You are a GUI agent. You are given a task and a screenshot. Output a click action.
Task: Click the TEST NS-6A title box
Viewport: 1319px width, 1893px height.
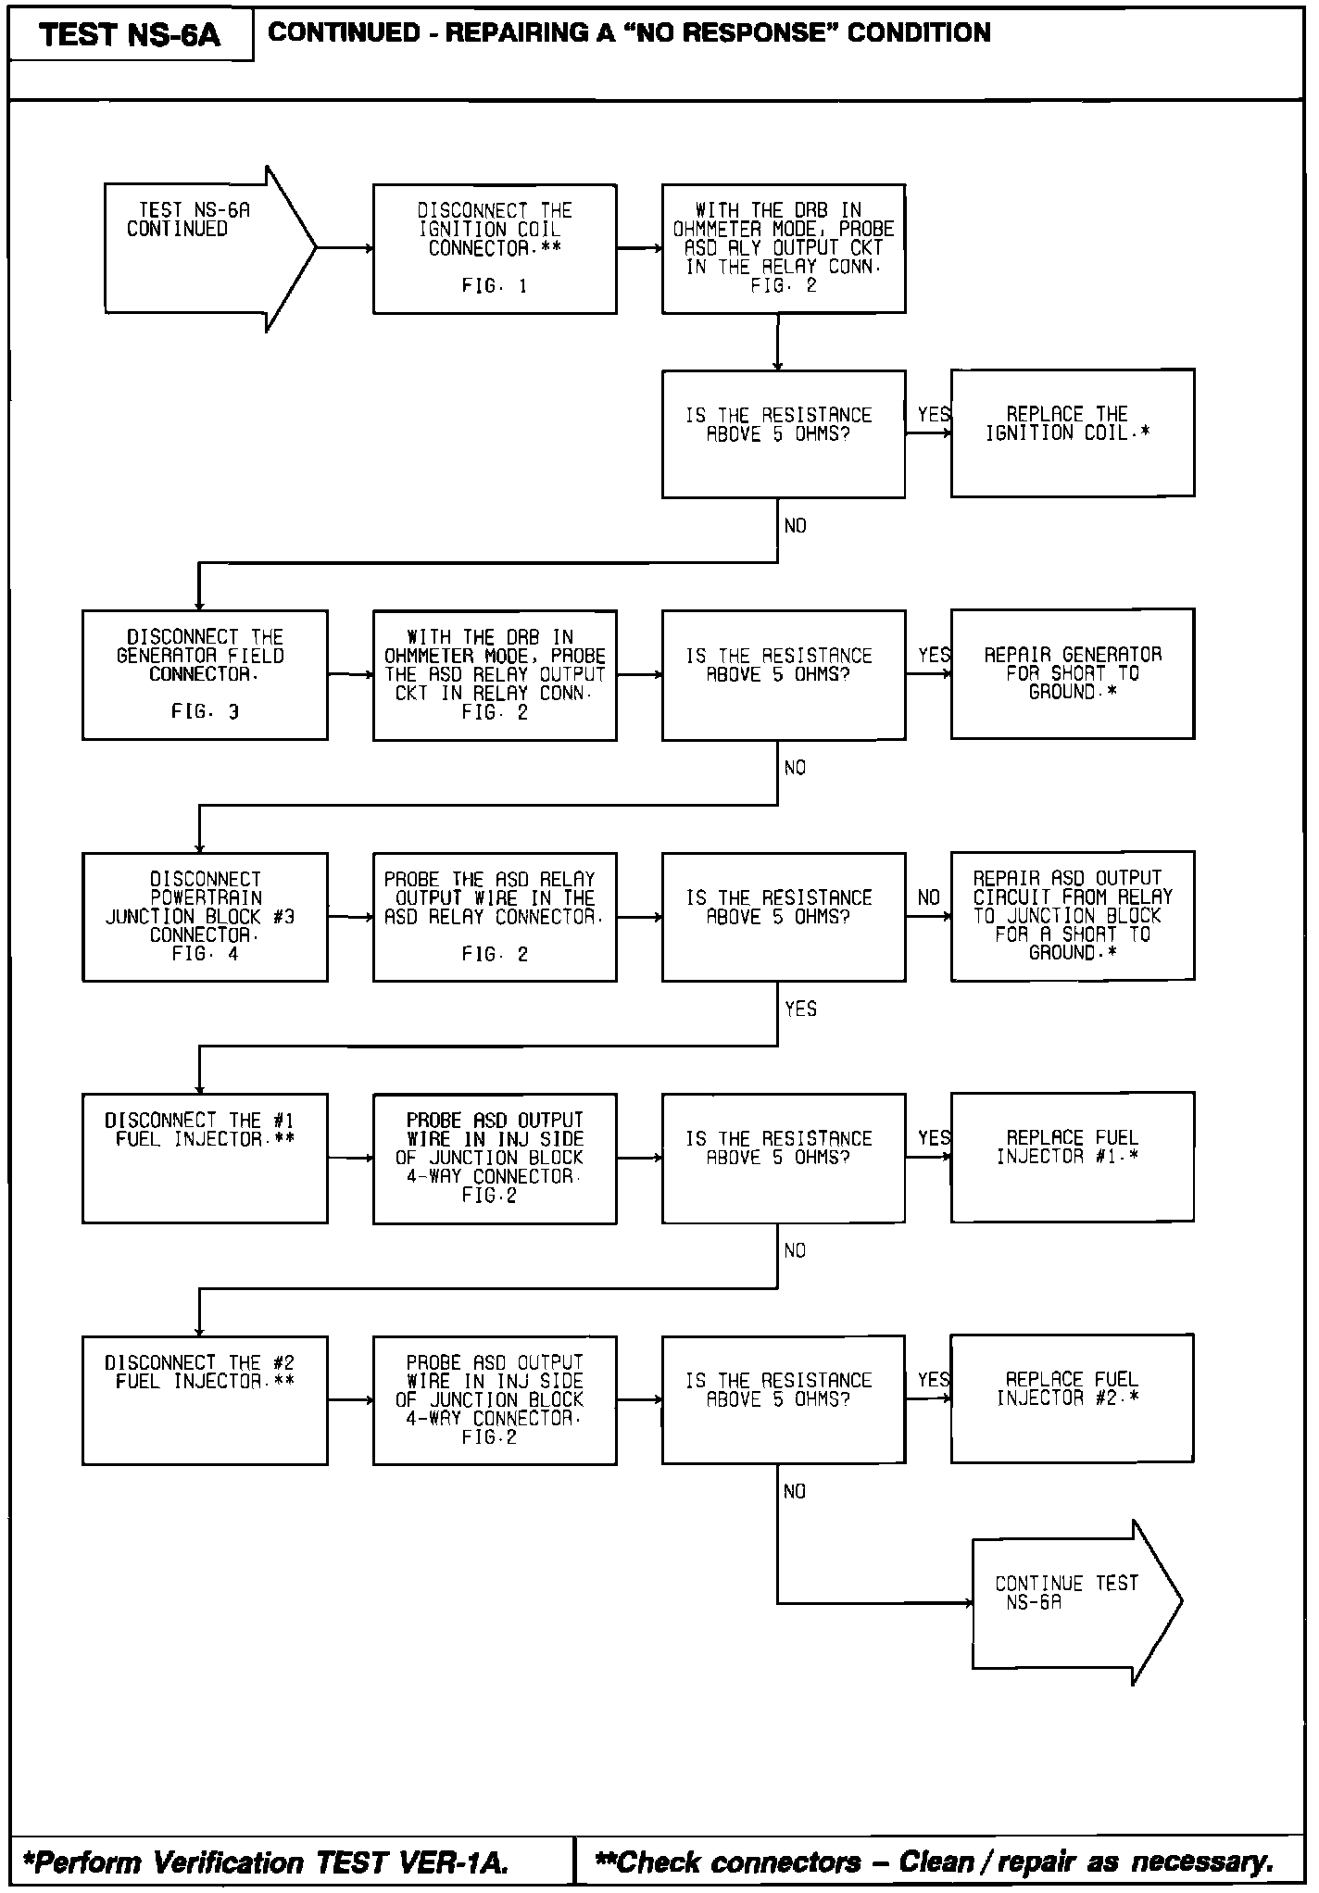[131, 35]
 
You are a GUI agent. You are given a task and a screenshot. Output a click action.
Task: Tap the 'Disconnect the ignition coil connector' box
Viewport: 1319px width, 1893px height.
[495, 248]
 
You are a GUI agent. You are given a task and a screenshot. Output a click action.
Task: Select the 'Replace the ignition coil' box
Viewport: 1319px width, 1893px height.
[1072, 433]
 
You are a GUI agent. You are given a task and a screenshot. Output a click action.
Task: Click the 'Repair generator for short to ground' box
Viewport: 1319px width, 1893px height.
[1072, 673]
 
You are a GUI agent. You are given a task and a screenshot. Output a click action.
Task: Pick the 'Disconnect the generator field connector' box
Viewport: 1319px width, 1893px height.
[205, 674]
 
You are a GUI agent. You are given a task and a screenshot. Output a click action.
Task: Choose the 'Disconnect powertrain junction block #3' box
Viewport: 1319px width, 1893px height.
[205, 916]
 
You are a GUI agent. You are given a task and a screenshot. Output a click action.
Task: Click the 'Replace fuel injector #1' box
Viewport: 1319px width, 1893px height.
[1072, 1157]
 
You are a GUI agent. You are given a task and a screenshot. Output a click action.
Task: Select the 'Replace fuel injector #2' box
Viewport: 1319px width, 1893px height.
[1072, 1398]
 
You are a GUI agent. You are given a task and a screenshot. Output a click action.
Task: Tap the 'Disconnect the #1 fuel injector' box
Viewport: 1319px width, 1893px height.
[205, 1158]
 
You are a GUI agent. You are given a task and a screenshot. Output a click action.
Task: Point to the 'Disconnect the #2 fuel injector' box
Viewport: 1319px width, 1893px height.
[205, 1399]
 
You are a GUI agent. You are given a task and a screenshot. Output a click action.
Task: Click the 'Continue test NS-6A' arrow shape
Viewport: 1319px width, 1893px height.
[1074, 1602]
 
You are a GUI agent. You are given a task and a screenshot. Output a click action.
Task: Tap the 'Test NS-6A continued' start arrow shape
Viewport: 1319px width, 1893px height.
[208, 248]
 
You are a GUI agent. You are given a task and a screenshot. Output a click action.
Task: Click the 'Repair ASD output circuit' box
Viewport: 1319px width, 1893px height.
[1072, 915]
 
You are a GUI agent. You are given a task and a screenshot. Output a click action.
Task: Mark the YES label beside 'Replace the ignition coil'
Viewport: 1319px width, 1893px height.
[934, 415]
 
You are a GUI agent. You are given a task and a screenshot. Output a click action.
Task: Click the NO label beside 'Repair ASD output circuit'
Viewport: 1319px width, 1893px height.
[928, 897]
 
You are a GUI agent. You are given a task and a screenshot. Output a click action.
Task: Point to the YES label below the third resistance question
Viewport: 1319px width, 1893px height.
[800, 1009]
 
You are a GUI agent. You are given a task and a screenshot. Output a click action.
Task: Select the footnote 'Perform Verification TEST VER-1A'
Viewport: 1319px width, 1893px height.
[267, 1862]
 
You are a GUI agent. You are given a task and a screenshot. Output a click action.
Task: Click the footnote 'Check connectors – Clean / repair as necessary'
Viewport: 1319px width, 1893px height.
[934, 1862]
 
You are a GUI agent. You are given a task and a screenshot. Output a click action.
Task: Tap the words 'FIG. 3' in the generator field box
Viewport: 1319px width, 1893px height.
[205, 711]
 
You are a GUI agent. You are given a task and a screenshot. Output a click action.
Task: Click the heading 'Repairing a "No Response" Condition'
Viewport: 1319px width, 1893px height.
[629, 33]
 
